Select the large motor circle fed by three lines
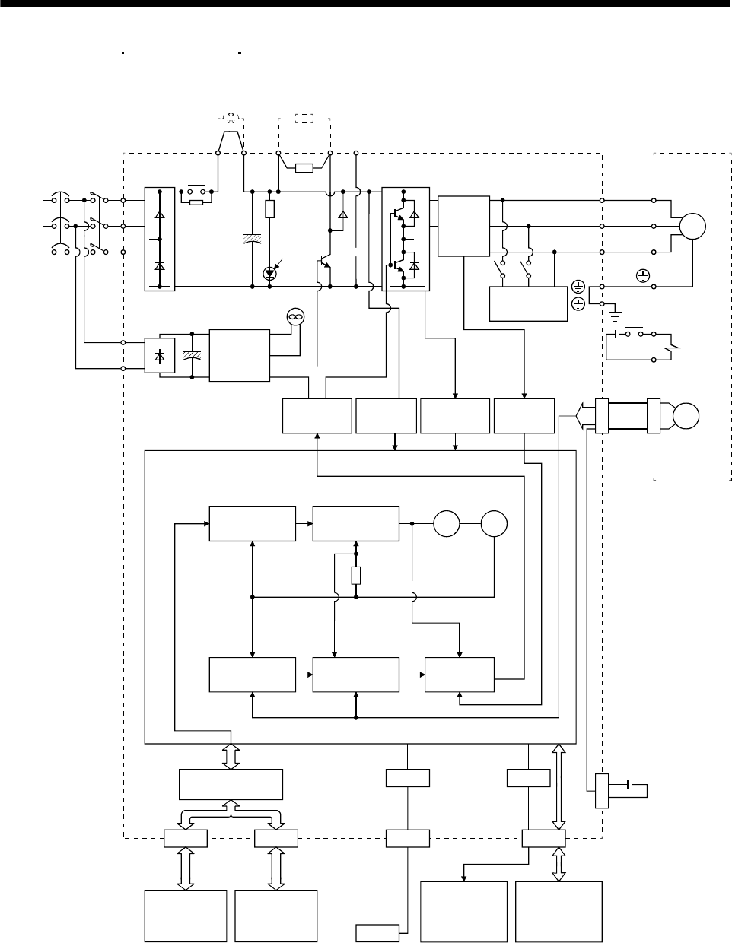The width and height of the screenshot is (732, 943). [692, 226]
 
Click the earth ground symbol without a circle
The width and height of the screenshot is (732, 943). [616, 312]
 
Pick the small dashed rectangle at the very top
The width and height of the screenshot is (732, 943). [304, 119]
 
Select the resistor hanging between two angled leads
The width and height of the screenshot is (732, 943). [304, 167]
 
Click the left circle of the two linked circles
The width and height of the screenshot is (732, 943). [447, 524]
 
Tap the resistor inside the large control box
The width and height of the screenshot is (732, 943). [356, 576]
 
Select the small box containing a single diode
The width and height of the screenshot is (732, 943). [159, 357]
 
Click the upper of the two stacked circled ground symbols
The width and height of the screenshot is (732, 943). [578, 287]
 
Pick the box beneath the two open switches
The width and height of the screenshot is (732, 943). [528, 304]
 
